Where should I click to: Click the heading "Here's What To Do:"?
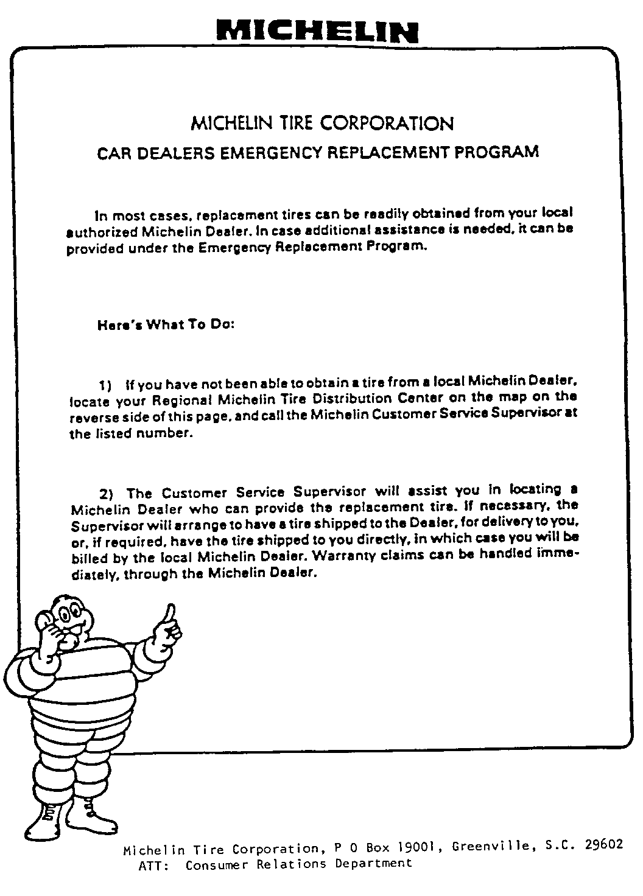click(166, 324)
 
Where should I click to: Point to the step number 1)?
click(105, 385)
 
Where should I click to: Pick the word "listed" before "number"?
click(115, 435)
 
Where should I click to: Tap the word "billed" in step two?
click(90, 558)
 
